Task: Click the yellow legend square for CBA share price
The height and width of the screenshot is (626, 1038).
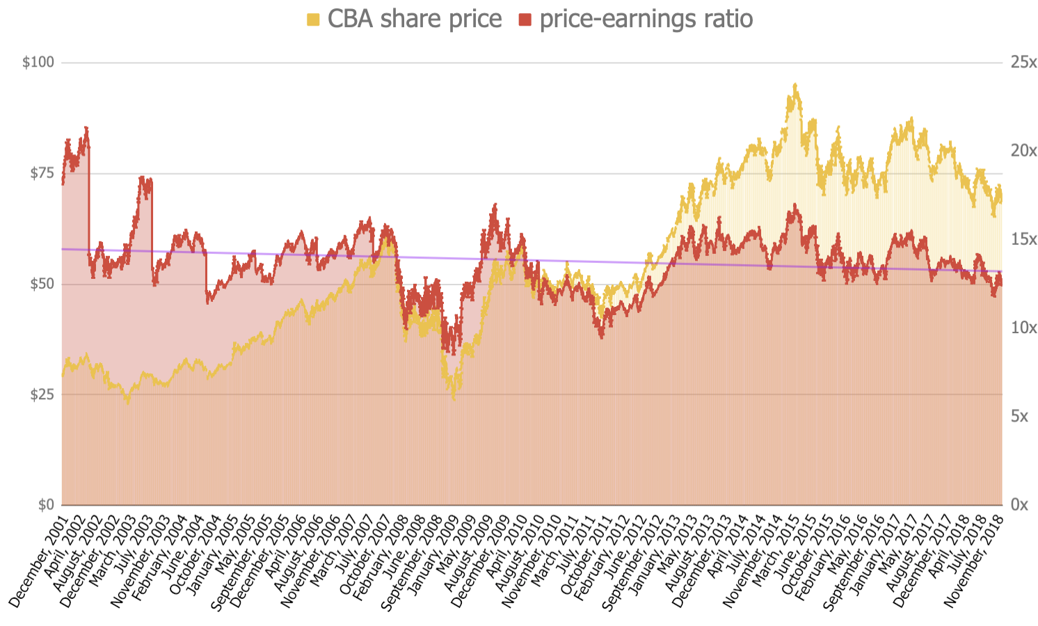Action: click(313, 20)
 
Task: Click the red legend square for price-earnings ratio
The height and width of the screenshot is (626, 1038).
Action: click(525, 20)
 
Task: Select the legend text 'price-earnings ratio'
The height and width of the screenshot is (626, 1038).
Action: click(646, 19)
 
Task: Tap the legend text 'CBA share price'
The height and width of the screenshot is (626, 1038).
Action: click(415, 19)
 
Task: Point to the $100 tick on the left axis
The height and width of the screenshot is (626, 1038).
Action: click(38, 63)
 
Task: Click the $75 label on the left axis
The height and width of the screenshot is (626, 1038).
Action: click(41, 173)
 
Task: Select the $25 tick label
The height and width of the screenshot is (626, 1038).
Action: click(41, 394)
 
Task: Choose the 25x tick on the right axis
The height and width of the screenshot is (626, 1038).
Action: click(1023, 63)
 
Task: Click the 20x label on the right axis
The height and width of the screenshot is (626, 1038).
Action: click(1023, 151)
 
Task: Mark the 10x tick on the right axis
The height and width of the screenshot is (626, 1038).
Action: click(1023, 328)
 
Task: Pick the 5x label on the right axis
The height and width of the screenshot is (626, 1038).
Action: click(1019, 416)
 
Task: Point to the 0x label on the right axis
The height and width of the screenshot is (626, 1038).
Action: click(1019, 505)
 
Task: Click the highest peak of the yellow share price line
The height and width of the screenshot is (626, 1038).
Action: click(795, 85)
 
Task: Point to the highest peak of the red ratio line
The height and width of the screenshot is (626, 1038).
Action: click(86, 128)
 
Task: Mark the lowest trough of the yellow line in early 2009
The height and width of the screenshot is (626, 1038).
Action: click(454, 399)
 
